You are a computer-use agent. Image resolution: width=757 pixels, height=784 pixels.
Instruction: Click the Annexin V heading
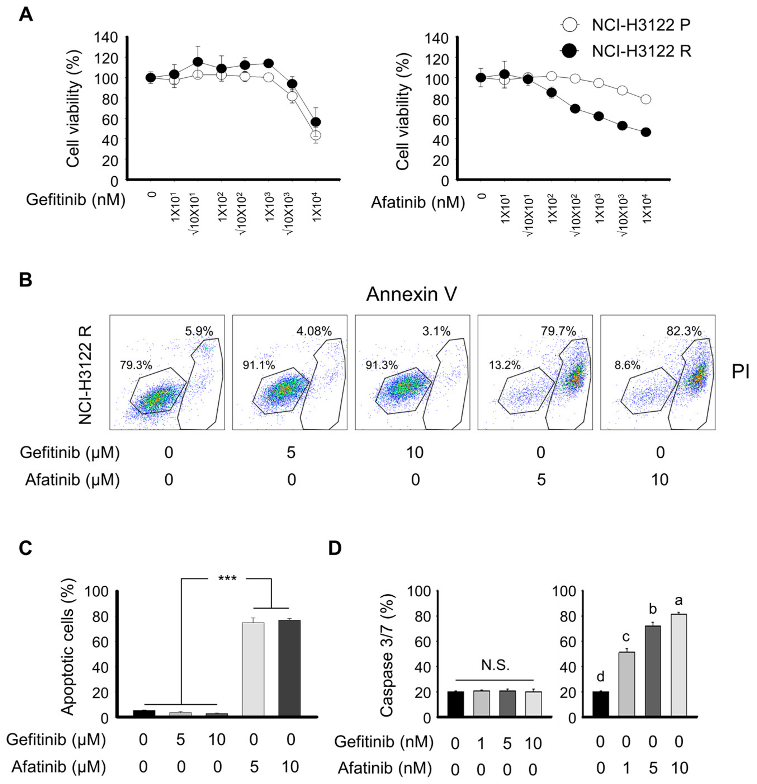(411, 295)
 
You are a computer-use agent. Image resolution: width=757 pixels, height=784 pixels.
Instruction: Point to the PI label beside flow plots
(740, 372)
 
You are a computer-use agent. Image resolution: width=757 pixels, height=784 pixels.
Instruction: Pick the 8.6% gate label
(626, 365)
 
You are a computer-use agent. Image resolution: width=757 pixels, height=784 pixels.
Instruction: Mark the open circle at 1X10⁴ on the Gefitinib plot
(316, 135)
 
